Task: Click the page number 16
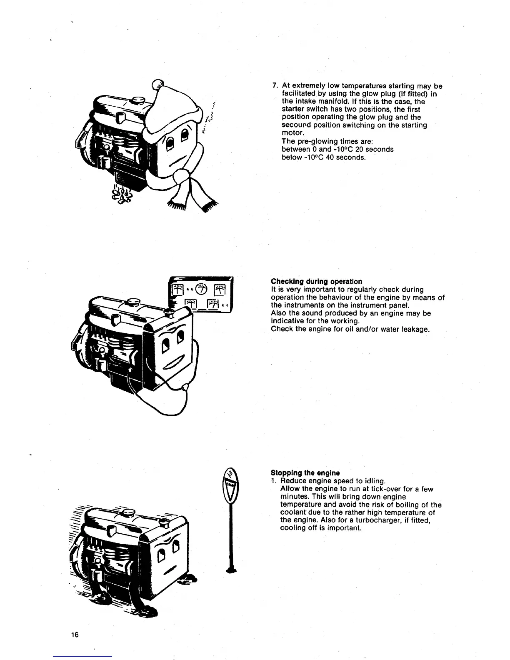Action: (75, 635)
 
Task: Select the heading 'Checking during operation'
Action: (316, 281)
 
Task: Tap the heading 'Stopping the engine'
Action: (305, 473)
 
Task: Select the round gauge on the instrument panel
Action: (201, 288)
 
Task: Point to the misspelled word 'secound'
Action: (296, 125)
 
